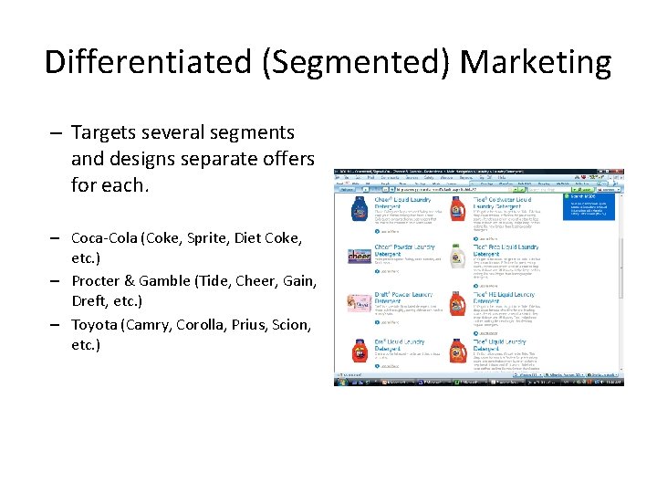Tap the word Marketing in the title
coord(536,62)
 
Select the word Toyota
coord(96,324)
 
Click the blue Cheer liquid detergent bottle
coord(359,209)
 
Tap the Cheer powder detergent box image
coord(359,257)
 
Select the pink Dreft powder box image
coord(359,304)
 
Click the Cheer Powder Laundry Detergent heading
coord(403,247)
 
